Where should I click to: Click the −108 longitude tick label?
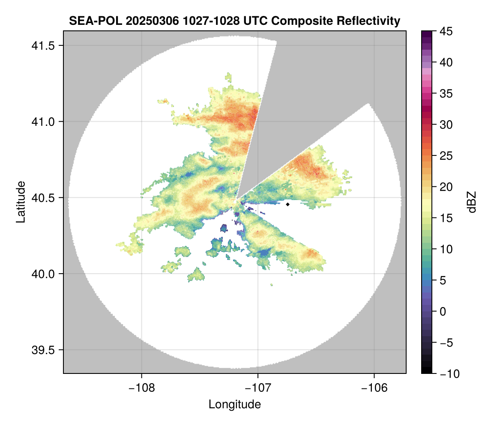point(141,388)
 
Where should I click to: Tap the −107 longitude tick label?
point(258,388)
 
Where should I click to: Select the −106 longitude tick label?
point(374,388)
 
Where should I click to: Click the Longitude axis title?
point(235,404)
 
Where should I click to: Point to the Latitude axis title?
point(21,202)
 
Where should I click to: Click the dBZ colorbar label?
point(472,202)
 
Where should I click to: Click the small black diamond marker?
point(288,204)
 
